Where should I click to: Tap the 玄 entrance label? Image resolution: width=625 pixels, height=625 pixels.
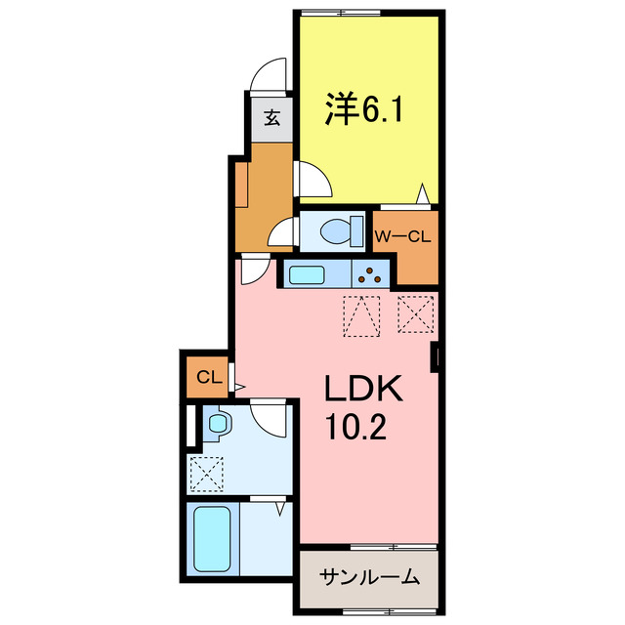[x=272, y=120]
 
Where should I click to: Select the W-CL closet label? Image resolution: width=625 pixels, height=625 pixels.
[x=403, y=235]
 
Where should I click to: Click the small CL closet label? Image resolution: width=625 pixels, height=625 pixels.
[x=206, y=377]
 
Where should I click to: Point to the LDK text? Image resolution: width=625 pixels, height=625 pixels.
[x=363, y=391]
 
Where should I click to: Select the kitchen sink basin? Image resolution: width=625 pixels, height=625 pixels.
[x=308, y=275]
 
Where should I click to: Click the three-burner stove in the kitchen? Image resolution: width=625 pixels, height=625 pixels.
[x=372, y=275]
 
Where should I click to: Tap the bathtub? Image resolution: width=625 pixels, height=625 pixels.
[x=212, y=543]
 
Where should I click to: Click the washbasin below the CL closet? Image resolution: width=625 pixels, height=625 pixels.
[x=217, y=425]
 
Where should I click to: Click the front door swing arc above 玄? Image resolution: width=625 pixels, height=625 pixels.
[x=267, y=77]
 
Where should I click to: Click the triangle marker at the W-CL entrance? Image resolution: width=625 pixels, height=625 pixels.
[x=423, y=192]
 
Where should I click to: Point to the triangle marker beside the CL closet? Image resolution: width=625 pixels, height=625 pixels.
[x=237, y=387]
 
